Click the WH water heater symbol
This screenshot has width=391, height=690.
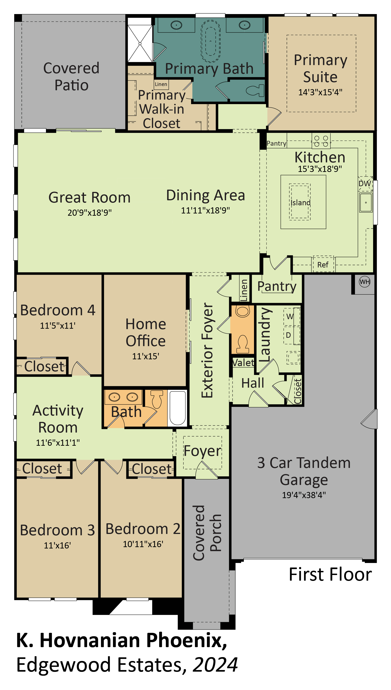pos(365,282)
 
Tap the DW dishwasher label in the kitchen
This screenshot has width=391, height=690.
pos(365,184)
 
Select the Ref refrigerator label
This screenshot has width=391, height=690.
pos(323,265)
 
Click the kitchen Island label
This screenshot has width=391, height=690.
pos(300,202)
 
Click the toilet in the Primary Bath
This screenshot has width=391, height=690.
pos(255,90)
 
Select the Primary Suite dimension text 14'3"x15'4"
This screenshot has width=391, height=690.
pos(320,92)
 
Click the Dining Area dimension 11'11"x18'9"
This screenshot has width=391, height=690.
pos(205,210)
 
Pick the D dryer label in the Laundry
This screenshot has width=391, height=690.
pos(288,335)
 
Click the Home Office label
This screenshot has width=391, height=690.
pos(146,332)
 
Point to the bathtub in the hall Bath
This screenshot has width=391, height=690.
pos(178,408)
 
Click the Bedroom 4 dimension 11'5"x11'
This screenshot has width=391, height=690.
pos(58,325)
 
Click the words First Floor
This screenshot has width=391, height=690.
pos(330,574)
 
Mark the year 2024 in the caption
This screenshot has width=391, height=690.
pos(215,664)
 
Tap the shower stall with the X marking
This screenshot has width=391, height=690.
pos(140,44)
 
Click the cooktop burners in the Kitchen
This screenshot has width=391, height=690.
pos(321,141)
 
